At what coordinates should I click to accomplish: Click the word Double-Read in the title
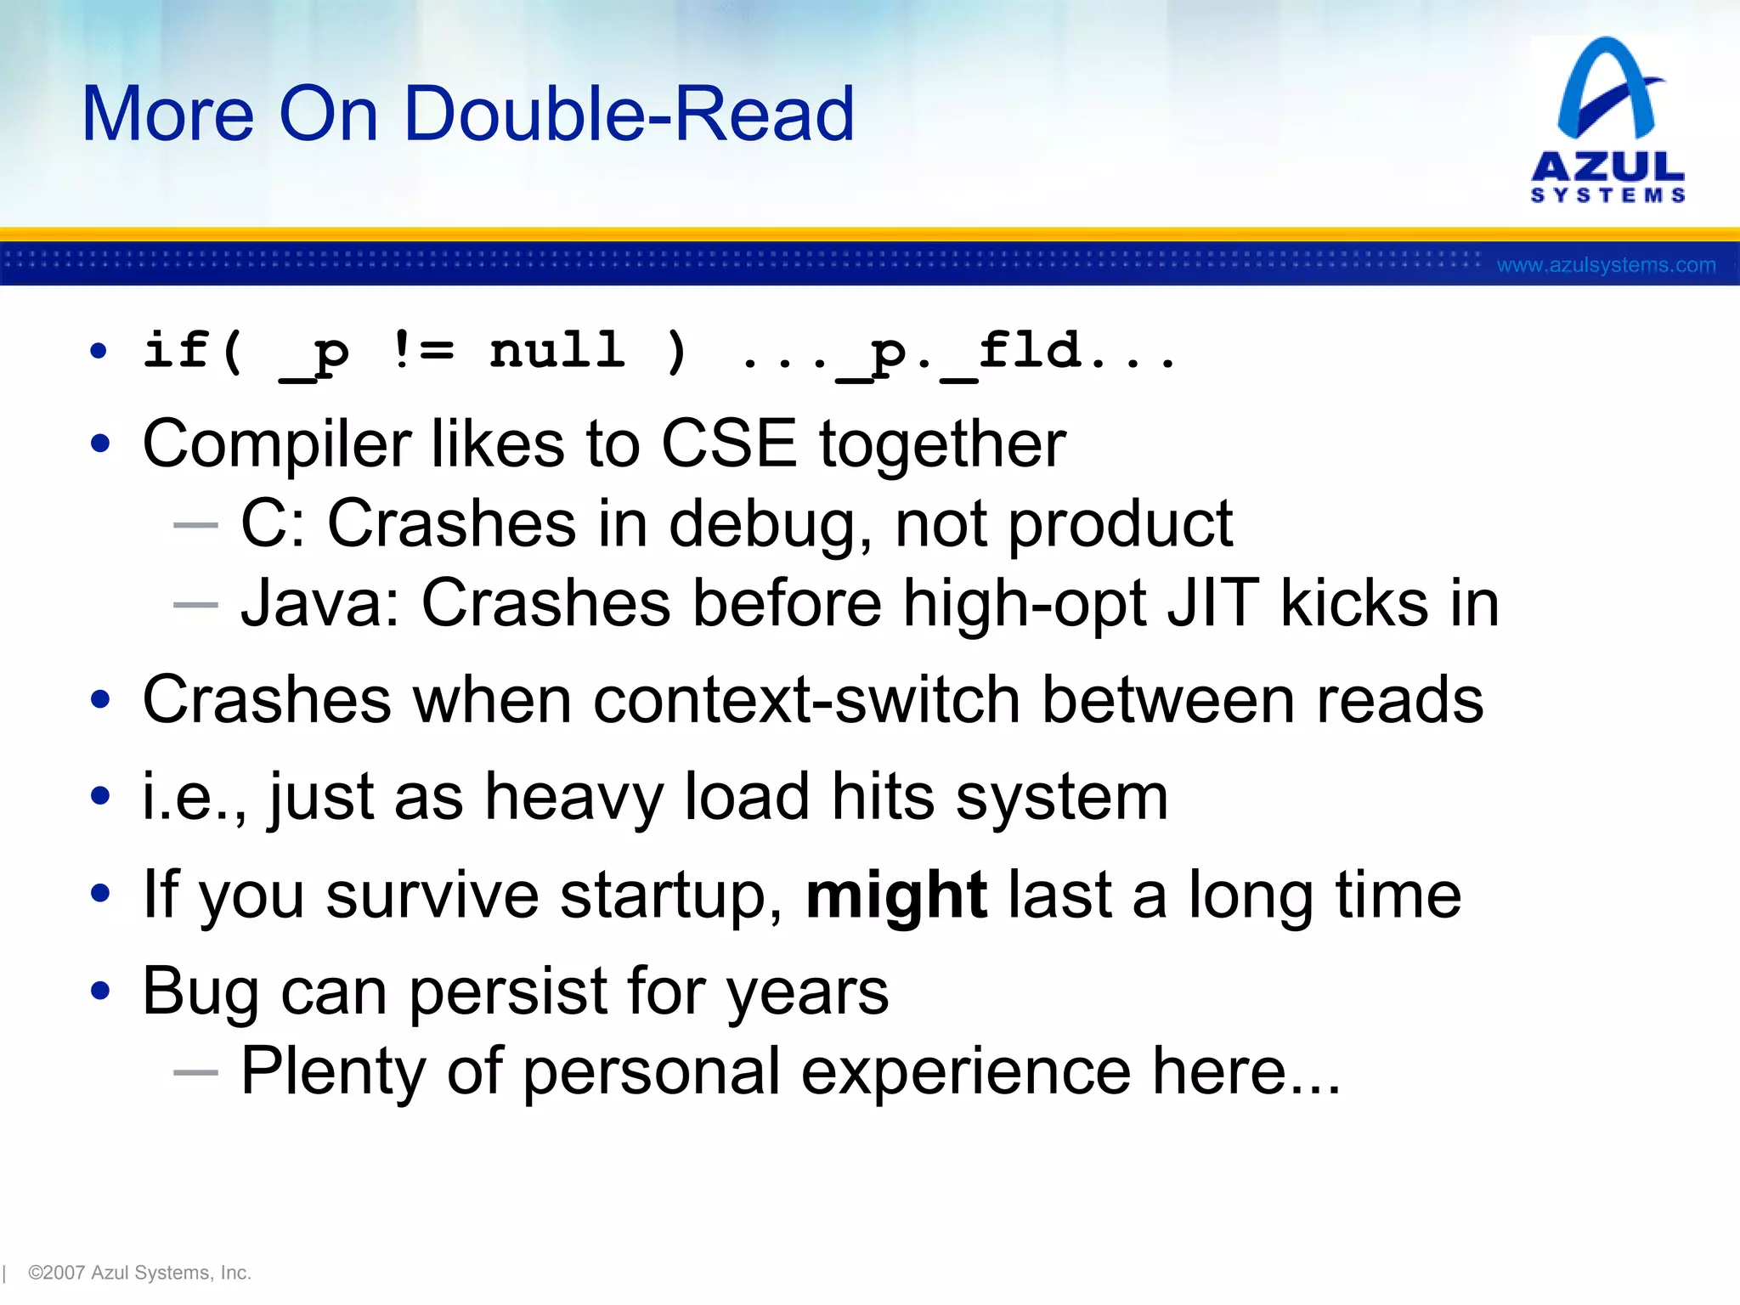pyautogui.click(x=629, y=114)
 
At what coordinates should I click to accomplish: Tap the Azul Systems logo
pyautogui.click(x=1607, y=119)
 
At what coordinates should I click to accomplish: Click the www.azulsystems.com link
pyautogui.click(x=1606, y=265)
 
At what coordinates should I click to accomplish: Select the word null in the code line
pyautogui.click(x=557, y=350)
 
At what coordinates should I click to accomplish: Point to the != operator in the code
pyautogui.click(x=423, y=350)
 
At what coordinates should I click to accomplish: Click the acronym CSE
pyautogui.click(x=729, y=443)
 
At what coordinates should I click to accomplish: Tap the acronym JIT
pyautogui.click(x=1213, y=603)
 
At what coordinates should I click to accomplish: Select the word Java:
pyautogui.click(x=320, y=604)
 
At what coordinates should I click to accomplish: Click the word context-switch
pyautogui.click(x=806, y=701)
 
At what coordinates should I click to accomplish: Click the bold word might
pyautogui.click(x=895, y=895)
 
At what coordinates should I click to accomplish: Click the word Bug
pyautogui.click(x=201, y=992)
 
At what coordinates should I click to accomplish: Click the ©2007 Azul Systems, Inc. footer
pyautogui.click(x=139, y=1273)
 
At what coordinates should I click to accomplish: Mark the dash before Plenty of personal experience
pyautogui.click(x=195, y=1072)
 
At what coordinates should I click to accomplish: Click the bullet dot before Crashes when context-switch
pyautogui.click(x=100, y=700)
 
